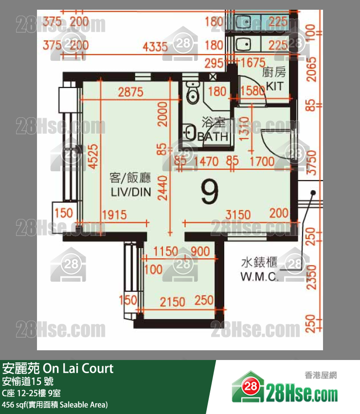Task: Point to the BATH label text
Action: [213, 137]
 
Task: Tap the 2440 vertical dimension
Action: [162, 188]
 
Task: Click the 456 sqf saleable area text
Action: [54, 404]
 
